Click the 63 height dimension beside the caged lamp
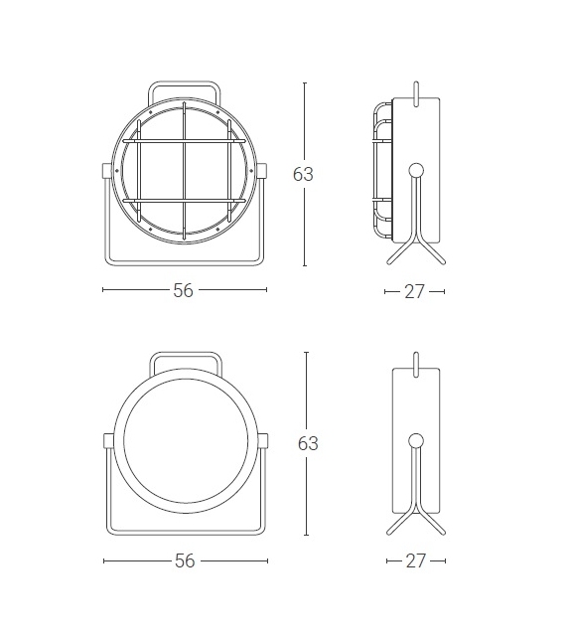303,174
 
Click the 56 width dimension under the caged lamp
184,290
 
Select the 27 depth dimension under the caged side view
415,291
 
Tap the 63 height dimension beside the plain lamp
307,443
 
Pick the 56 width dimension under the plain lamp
184,561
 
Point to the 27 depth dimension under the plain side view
415,561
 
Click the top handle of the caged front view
184,84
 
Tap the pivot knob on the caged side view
416,169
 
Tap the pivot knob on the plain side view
416,439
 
